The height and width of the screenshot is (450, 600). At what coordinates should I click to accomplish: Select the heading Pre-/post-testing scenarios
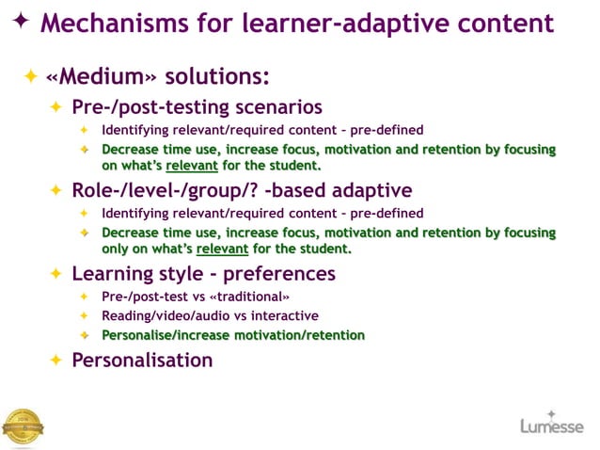tap(197, 106)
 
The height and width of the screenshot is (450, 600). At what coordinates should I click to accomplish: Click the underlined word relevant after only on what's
tap(222, 249)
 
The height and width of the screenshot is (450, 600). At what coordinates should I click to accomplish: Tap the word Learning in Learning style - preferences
tap(114, 274)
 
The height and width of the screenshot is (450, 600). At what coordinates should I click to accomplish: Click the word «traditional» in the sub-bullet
tap(244, 297)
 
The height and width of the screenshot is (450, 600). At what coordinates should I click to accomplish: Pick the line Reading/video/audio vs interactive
tap(210, 316)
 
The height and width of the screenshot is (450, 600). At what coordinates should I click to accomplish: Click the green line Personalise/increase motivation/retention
tap(233, 335)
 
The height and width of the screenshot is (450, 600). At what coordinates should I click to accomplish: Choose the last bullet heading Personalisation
tap(142, 360)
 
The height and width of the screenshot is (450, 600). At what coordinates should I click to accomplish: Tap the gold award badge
tap(23, 426)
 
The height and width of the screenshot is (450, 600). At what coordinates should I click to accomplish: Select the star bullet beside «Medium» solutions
tap(31, 75)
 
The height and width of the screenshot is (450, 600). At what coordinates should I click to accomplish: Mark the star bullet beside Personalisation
tap(55, 361)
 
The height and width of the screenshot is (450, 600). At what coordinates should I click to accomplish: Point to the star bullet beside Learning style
tap(55, 275)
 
